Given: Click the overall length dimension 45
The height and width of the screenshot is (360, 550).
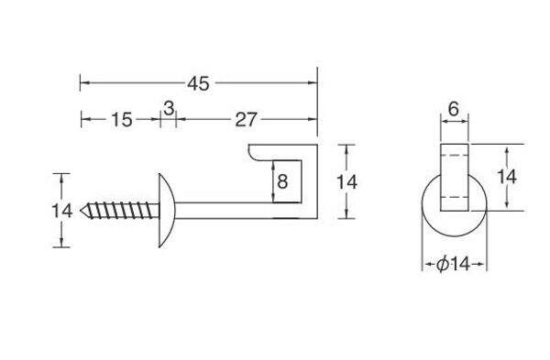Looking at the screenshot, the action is (198, 83).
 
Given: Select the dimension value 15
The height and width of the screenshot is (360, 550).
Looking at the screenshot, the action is (122, 119).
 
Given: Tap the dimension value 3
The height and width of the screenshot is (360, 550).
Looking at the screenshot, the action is (169, 108).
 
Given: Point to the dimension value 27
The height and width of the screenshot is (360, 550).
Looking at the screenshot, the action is (246, 119).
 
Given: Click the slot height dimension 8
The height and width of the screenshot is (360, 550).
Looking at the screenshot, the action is (282, 181).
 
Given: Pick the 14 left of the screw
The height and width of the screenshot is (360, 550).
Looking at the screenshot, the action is (62, 211).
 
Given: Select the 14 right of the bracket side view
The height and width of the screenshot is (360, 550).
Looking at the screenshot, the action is (346, 182).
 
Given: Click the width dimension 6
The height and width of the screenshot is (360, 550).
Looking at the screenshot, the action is (453, 109).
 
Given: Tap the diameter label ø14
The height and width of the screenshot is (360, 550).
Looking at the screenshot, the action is (454, 264).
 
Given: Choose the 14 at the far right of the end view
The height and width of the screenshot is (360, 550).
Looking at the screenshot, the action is (507, 176).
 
